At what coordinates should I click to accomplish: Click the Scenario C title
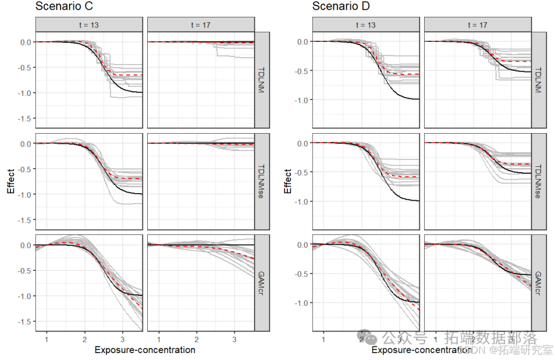tap(64, 7)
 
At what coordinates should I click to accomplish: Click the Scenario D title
tap(341, 7)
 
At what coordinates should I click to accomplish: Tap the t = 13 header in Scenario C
tap(89, 24)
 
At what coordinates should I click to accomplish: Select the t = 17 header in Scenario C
tap(201, 24)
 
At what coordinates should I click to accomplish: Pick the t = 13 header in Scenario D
tap(365, 24)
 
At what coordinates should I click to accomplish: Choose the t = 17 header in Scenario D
tap(477, 24)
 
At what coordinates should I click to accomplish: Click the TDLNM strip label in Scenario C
tap(262, 80)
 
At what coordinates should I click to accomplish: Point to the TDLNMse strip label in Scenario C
tap(262, 181)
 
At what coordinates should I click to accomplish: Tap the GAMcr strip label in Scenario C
tap(262, 283)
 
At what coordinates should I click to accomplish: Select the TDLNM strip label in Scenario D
tap(538, 80)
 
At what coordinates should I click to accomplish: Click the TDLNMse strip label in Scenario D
tap(538, 181)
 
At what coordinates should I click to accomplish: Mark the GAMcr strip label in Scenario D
tap(538, 283)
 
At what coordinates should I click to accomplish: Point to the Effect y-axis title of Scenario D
tap(287, 181)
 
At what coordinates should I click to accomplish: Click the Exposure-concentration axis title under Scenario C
tap(145, 350)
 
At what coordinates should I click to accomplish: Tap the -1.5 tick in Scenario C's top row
tap(24, 118)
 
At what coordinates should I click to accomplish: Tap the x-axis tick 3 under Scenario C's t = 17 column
tap(234, 338)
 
